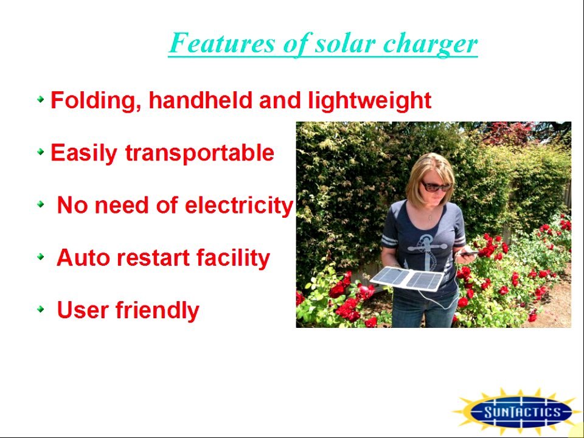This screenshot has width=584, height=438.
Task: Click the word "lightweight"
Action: pos(369,100)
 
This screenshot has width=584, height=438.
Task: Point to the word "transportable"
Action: pos(200,153)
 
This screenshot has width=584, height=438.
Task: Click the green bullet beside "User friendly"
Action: pos(41,308)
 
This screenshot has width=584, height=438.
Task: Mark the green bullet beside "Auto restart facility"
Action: pos(41,256)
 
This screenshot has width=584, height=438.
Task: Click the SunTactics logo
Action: pos(522,412)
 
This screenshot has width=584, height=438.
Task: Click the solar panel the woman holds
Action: pos(408,279)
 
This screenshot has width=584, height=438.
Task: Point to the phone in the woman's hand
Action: pos(467,253)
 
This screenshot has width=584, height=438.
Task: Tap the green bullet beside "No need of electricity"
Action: pos(41,204)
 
